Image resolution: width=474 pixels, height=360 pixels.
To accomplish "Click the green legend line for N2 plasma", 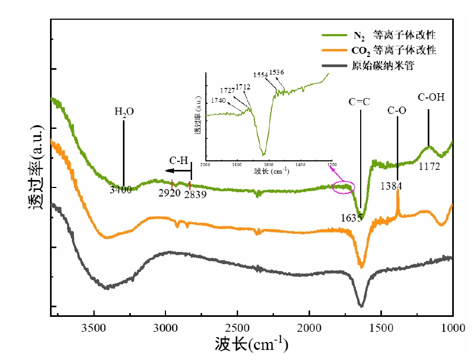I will pyautogui.click(x=335, y=36).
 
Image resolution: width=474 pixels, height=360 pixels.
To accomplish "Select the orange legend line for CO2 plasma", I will pyautogui.click(x=335, y=51).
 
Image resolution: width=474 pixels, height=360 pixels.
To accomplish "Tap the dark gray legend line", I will pyautogui.click(x=335, y=66).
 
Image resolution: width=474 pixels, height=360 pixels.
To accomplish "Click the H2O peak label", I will pyautogui.click(x=124, y=112).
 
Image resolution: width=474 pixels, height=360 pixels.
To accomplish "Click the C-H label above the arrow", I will pyautogui.click(x=179, y=160).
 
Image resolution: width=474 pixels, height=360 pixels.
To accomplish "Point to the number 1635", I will pyautogui.click(x=352, y=217).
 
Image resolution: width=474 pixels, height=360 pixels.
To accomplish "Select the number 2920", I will pyautogui.click(x=170, y=194).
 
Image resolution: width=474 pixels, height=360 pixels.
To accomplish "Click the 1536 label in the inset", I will pyautogui.click(x=277, y=72).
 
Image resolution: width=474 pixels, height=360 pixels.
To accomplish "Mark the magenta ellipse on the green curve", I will pyautogui.click(x=343, y=187).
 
